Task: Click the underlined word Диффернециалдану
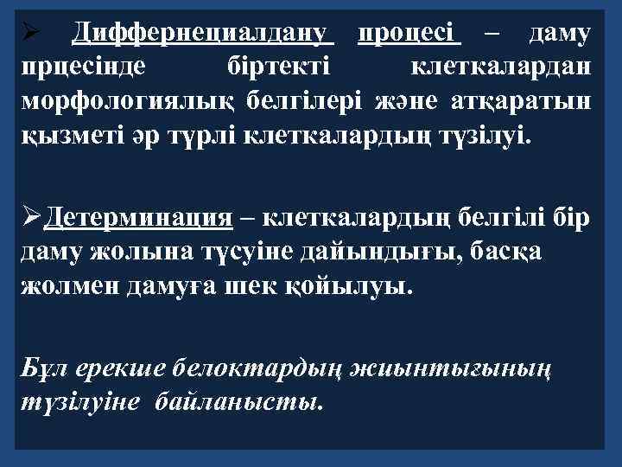[x=203, y=34]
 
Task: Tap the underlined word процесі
[x=409, y=34]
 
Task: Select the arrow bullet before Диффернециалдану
[x=27, y=35]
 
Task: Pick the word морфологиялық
[x=129, y=101]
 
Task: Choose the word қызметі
[x=65, y=135]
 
